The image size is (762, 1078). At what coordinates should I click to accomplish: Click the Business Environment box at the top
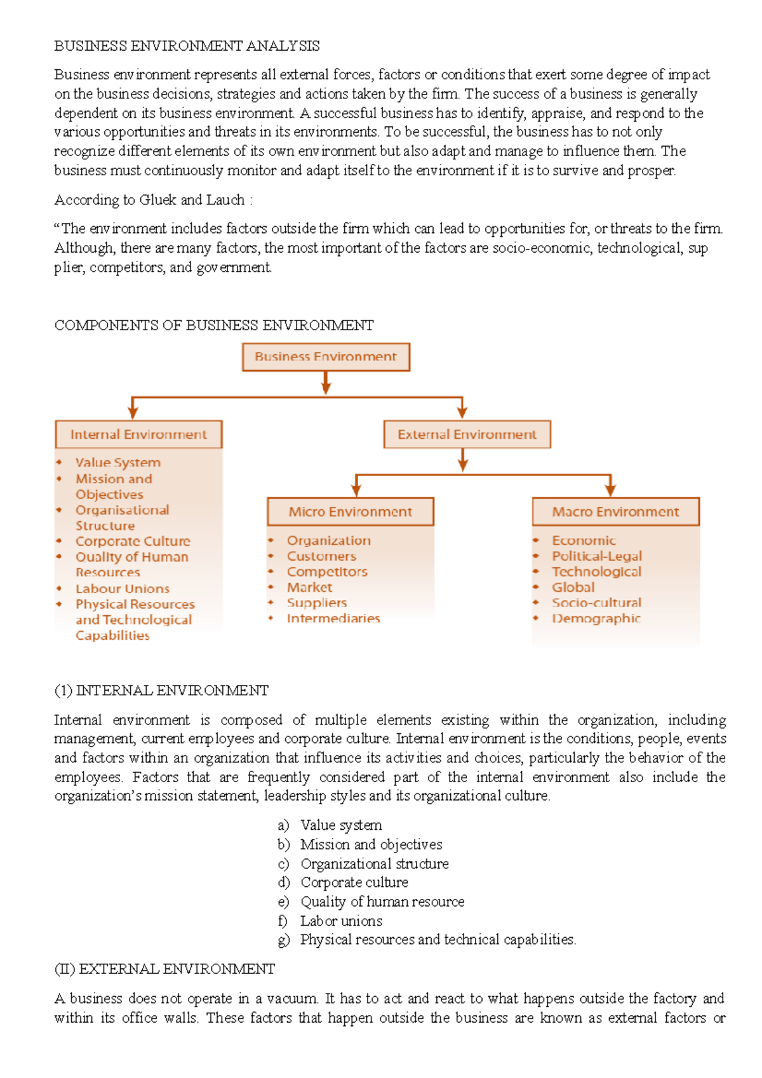click(326, 357)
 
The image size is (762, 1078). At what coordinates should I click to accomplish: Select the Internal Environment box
click(138, 434)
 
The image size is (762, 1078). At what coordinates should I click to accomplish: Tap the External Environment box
click(467, 434)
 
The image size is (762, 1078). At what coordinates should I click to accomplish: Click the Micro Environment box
click(351, 512)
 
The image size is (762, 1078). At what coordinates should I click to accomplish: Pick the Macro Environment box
click(615, 512)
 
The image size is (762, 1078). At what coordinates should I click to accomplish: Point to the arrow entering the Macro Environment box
click(610, 487)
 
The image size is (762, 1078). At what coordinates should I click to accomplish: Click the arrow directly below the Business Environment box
click(326, 382)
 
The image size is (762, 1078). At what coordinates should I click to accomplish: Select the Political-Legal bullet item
click(596, 556)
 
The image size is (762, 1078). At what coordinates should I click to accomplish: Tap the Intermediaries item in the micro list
click(333, 618)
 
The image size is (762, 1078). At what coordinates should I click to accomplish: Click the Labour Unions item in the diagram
click(122, 589)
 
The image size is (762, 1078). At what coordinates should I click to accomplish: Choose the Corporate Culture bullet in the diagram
click(133, 541)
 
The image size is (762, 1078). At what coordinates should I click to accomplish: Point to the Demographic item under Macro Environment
click(596, 618)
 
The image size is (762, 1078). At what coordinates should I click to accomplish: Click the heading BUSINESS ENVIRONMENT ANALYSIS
click(187, 46)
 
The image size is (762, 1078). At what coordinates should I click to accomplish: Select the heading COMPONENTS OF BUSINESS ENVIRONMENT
click(214, 325)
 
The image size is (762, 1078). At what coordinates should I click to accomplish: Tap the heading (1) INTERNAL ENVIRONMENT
click(161, 690)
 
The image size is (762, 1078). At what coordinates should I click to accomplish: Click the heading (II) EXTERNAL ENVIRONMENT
click(164, 969)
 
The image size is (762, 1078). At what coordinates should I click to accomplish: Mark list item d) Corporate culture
click(354, 882)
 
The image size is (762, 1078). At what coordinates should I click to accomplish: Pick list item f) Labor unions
click(341, 921)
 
